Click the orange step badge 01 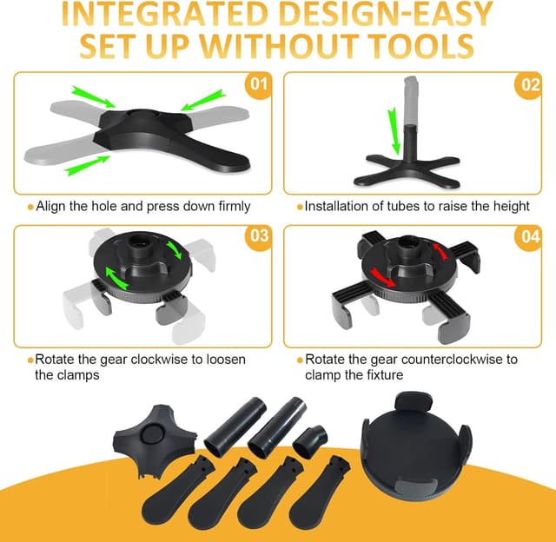click(x=259, y=85)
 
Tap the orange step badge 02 click(x=528, y=85)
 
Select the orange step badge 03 click(x=259, y=237)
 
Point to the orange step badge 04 click(x=528, y=237)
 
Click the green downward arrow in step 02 click(x=394, y=131)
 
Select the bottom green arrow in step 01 click(x=87, y=166)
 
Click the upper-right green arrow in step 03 click(x=174, y=250)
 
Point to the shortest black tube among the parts click(x=310, y=442)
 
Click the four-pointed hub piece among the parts click(x=155, y=439)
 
